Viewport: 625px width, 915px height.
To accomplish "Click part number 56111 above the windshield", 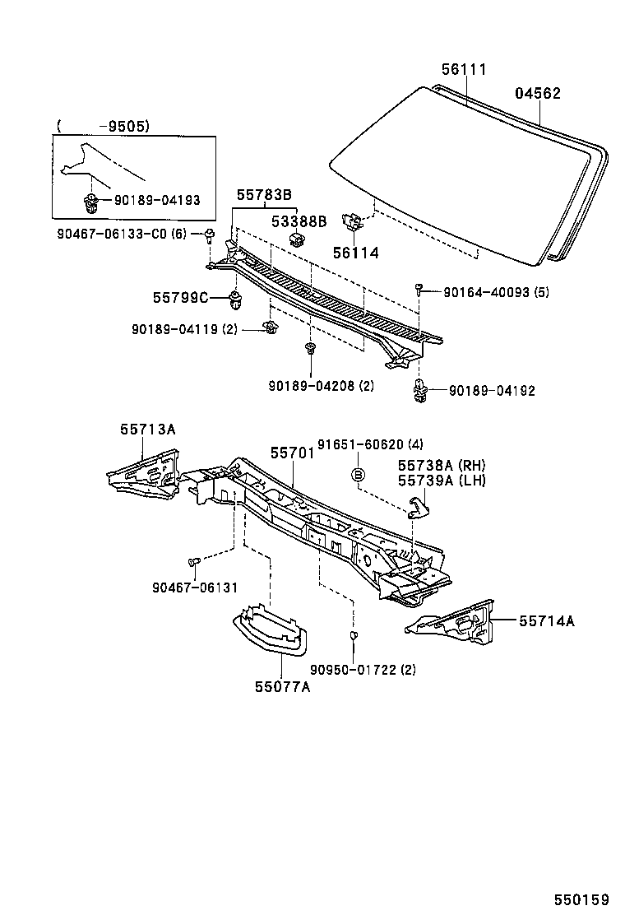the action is (x=464, y=69).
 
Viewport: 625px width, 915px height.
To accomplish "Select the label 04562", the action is (x=538, y=93).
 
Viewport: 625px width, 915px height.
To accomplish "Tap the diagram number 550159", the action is (x=581, y=900).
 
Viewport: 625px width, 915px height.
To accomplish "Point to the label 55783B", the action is (x=264, y=195).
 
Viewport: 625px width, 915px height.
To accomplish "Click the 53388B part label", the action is (x=299, y=221).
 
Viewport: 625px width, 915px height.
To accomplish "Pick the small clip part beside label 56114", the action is (x=352, y=221).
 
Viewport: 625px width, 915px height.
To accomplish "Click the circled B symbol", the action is (x=358, y=474).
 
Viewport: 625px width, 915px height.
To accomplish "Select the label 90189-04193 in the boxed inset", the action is (x=157, y=201).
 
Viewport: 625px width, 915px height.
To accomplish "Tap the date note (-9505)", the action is (x=103, y=126).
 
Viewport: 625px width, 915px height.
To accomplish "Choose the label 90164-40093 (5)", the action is (x=496, y=292).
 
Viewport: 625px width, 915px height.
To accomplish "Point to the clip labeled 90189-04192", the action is (x=419, y=389).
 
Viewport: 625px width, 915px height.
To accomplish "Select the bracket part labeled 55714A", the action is (x=450, y=624).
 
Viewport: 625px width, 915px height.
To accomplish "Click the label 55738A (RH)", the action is (x=442, y=465).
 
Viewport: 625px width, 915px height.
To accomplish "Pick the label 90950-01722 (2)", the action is (x=363, y=669).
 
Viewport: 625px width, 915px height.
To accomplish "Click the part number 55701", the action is (x=292, y=453).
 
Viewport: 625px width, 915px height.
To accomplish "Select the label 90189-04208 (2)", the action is (x=322, y=386).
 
